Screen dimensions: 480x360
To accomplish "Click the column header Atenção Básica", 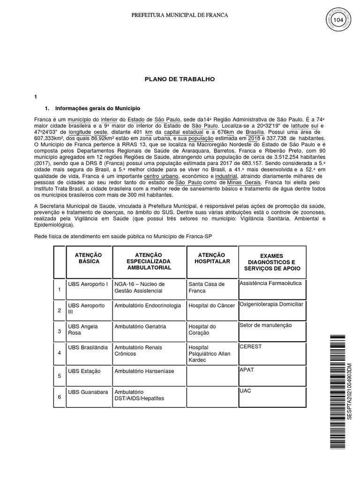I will pos(89,258).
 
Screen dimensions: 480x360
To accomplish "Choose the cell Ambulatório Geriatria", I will pos(140,326).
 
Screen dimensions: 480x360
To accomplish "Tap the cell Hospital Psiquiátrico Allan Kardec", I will pos(209,353).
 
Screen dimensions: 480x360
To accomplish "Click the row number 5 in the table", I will pos(60,376).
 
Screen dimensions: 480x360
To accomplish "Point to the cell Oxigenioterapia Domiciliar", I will pos(271,304).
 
